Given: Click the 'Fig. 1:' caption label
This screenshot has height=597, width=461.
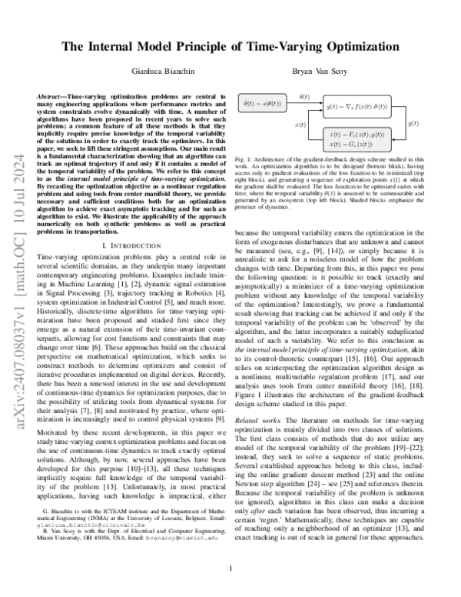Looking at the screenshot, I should pyautogui.click(x=247, y=158).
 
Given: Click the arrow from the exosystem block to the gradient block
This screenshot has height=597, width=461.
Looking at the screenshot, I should pyautogui.click(x=305, y=102).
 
